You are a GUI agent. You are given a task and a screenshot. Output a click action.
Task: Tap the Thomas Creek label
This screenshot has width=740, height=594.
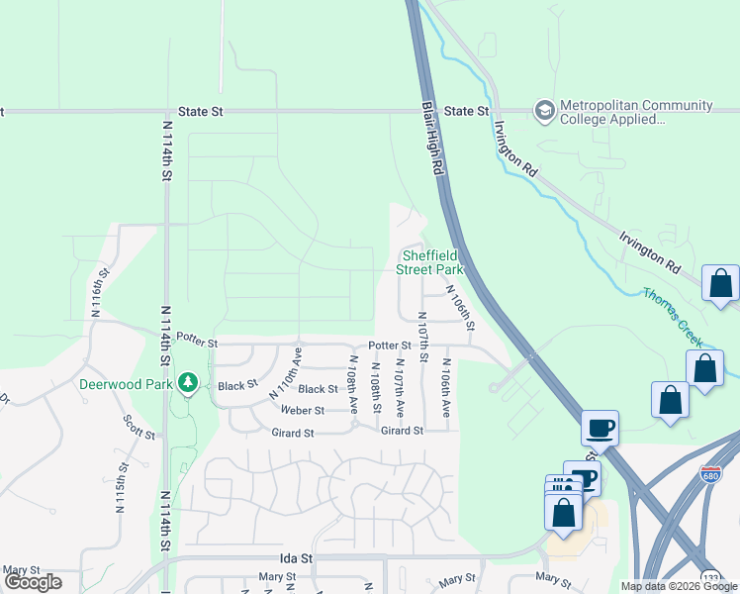pyautogui.click(x=673, y=316)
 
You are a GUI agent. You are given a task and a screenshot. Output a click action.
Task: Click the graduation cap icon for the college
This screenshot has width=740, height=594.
pyautogui.click(x=543, y=110)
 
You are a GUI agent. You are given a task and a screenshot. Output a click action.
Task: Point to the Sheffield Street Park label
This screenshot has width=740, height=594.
pyautogui.click(x=429, y=261)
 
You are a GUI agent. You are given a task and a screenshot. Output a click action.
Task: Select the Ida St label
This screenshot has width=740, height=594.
pyautogui.click(x=296, y=558)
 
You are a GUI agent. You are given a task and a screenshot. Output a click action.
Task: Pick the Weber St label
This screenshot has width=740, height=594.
pyautogui.click(x=302, y=410)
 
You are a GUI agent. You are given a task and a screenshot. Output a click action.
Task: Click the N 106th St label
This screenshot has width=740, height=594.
pyautogui.click(x=461, y=309)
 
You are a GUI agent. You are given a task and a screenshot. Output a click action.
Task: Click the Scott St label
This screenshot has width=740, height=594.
pyautogui.click(x=139, y=428)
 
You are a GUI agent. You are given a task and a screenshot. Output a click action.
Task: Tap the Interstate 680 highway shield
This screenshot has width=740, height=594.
pyautogui.click(x=709, y=473)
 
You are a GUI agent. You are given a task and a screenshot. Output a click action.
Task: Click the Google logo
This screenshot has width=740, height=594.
pyautogui.click(x=33, y=582)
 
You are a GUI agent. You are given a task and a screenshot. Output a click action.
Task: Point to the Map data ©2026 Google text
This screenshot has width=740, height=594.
pyautogui.click(x=678, y=586)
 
